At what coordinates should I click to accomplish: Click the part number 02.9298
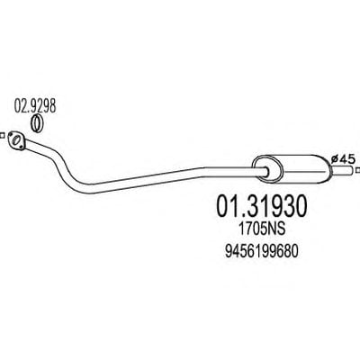pos(35,106)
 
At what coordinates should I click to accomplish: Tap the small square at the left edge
pos(2,135)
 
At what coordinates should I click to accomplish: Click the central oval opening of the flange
pos(16,140)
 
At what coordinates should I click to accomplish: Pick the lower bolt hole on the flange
pos(22,147)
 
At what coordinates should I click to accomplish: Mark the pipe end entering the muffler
pos(265,170)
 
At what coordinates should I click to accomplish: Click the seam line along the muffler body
pos(304,172)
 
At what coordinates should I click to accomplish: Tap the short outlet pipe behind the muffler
pos(342,171)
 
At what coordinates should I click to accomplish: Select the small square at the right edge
pos(357,170)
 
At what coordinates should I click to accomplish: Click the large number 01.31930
pos(262,206)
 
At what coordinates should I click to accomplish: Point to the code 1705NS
pos(262,229)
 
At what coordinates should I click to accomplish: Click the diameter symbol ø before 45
pos(336,159)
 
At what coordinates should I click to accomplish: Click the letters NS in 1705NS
pos(276,229)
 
